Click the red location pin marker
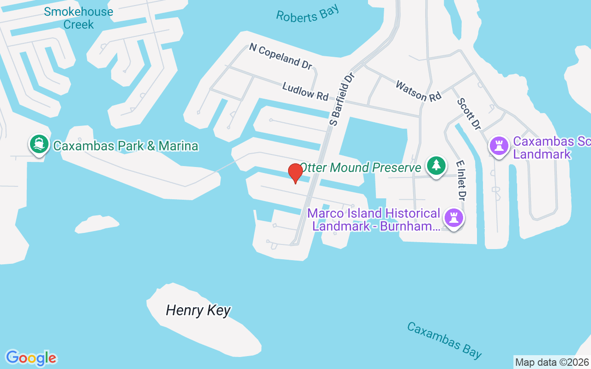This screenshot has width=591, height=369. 295,173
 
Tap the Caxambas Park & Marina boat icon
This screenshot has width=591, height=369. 39,144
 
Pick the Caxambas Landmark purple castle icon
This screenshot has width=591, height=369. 499,146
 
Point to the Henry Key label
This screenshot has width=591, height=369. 198,310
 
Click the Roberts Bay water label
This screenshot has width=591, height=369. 307,14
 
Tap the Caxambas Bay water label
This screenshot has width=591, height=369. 444,340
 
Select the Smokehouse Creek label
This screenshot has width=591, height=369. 78,18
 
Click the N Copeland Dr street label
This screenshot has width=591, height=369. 280,56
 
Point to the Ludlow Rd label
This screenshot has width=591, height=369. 305,91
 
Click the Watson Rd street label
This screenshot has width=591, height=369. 418,90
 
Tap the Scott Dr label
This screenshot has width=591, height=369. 469,113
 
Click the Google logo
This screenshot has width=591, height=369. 31,357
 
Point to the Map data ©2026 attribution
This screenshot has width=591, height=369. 552,362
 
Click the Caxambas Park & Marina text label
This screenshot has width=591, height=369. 126,146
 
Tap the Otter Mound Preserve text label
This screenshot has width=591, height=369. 361,167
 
